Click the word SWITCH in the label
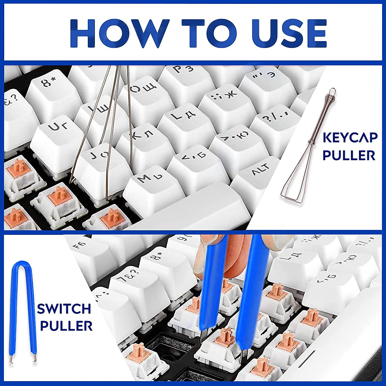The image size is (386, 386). (x=64, y=309)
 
